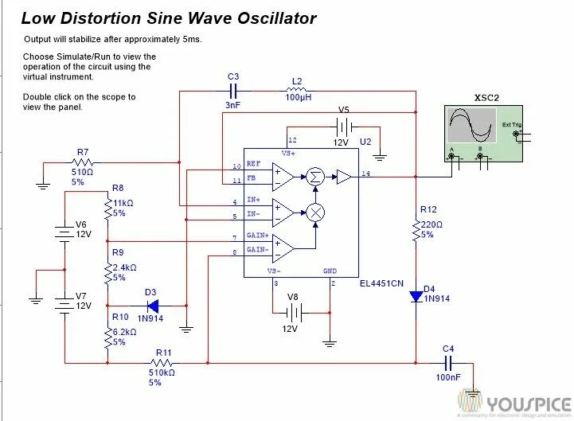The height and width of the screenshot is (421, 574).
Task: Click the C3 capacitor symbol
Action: pos(233,92)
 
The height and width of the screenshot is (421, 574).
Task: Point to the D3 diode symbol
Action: pos(153,305)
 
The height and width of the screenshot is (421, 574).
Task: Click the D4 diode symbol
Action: pos(416,296)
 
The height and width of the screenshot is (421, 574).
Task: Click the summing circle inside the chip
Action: pos(315,177)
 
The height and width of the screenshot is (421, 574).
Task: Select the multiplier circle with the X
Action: pos(316,212)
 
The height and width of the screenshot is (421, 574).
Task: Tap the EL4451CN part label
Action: pos(381,283)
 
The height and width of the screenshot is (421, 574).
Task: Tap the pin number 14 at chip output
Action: pos(365,172)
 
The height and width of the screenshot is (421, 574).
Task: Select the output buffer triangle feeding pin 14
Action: pos(344,177)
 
